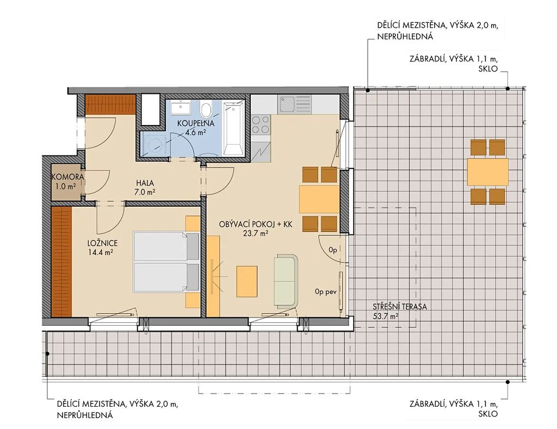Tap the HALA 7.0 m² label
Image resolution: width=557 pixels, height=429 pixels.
coord(145,188)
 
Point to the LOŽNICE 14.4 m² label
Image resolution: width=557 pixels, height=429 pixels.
coord(102,247)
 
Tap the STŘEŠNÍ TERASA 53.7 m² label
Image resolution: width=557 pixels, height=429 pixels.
coord(400,311)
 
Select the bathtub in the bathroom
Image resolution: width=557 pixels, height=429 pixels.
coord(233,128)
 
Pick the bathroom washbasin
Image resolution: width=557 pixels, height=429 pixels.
coord(181,108)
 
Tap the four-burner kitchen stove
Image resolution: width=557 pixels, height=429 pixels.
coord(261,125)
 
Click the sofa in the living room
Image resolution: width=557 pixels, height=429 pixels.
coord(286,281)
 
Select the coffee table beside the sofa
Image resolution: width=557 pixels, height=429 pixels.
coord(247,282)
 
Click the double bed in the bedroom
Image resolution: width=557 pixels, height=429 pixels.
coord(166,262)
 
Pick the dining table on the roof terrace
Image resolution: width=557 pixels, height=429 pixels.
coord(488,172)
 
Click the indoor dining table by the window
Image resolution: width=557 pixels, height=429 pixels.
coord(319,199)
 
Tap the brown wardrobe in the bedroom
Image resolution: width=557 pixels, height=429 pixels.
coord(61,262)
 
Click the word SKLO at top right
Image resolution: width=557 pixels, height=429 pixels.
coord(488,69)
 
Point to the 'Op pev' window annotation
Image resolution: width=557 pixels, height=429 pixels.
coord(325,293)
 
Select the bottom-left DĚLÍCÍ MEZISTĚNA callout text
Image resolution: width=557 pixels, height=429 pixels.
coord(117,409)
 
